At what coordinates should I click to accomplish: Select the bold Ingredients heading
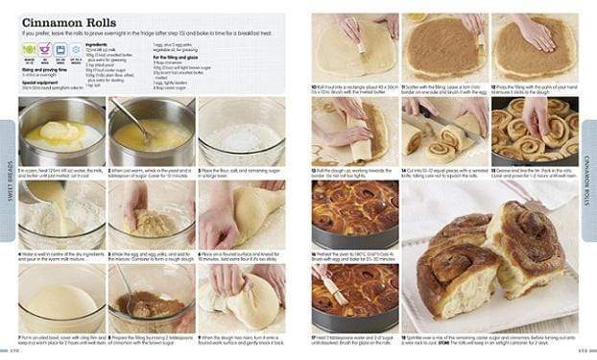[97, 44]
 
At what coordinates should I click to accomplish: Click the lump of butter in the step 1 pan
[59, 131]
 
